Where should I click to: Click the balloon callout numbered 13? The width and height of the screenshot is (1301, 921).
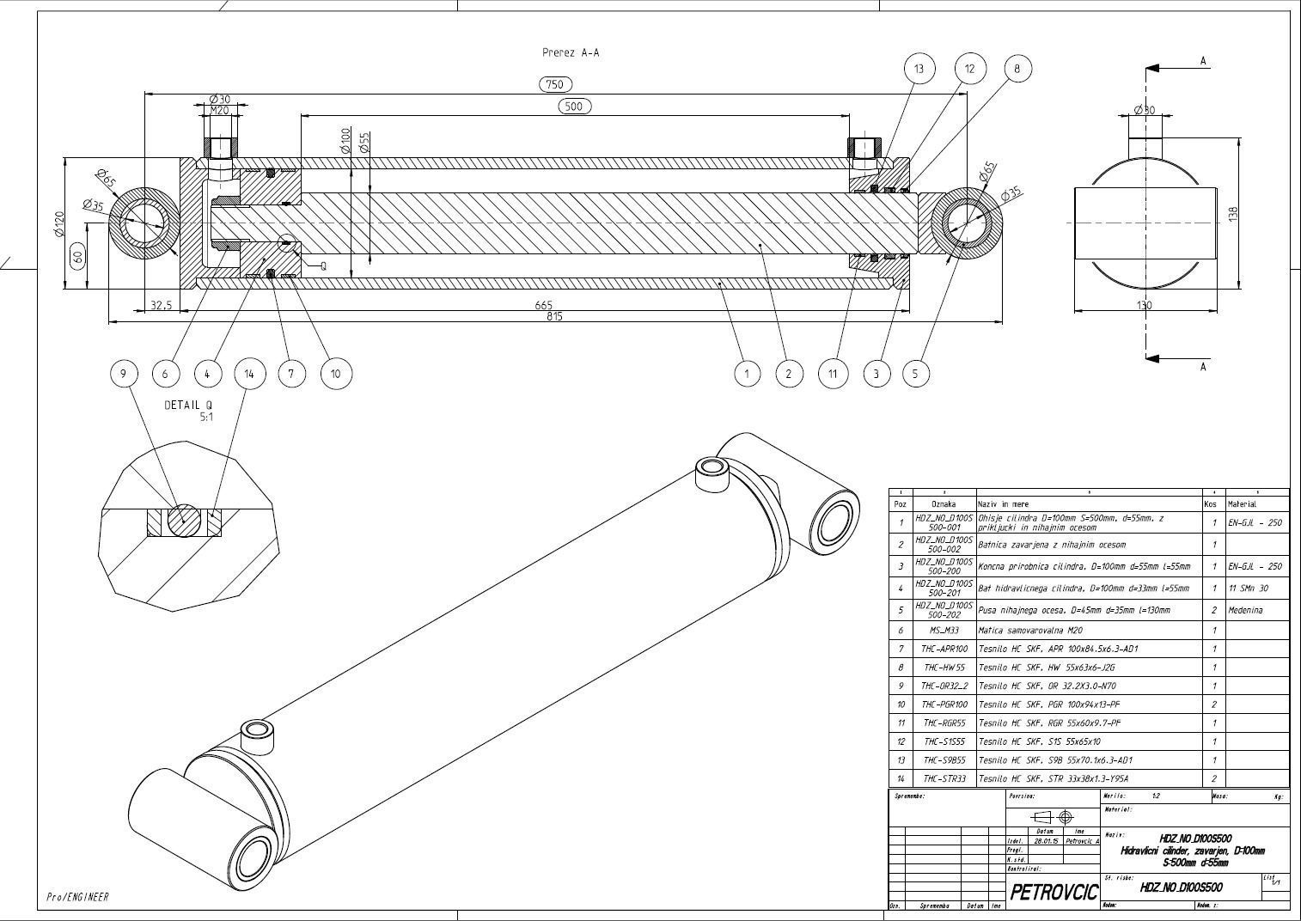pos(919,69)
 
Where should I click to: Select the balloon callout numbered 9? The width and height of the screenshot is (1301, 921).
pos(124,373)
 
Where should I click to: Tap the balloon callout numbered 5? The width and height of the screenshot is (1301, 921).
pos(915,373)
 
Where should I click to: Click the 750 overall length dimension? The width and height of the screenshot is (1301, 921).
pos(555,84)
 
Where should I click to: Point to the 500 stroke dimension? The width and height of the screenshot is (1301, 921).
pos(574,107)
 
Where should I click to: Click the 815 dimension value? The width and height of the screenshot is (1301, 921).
pos(553,316)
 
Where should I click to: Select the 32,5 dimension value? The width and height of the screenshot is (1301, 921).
pos(161,305)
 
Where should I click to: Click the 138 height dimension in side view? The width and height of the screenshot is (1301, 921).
pos(1232,214)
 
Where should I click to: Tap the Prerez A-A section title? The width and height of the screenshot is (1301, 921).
pos(571,52)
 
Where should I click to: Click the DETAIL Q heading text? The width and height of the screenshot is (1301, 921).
pos(188,405)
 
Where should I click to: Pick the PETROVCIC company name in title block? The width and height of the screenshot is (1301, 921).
pos(1054,891)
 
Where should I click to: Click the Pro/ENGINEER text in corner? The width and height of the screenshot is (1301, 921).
pos(77,897)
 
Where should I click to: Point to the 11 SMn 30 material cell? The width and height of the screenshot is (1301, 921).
pos(1249,589)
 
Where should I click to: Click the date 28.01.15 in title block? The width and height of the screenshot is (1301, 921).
pos(1046,841)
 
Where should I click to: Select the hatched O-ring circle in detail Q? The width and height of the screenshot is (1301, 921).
pos(183,521)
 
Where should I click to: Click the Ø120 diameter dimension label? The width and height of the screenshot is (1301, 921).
pos(58,223)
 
